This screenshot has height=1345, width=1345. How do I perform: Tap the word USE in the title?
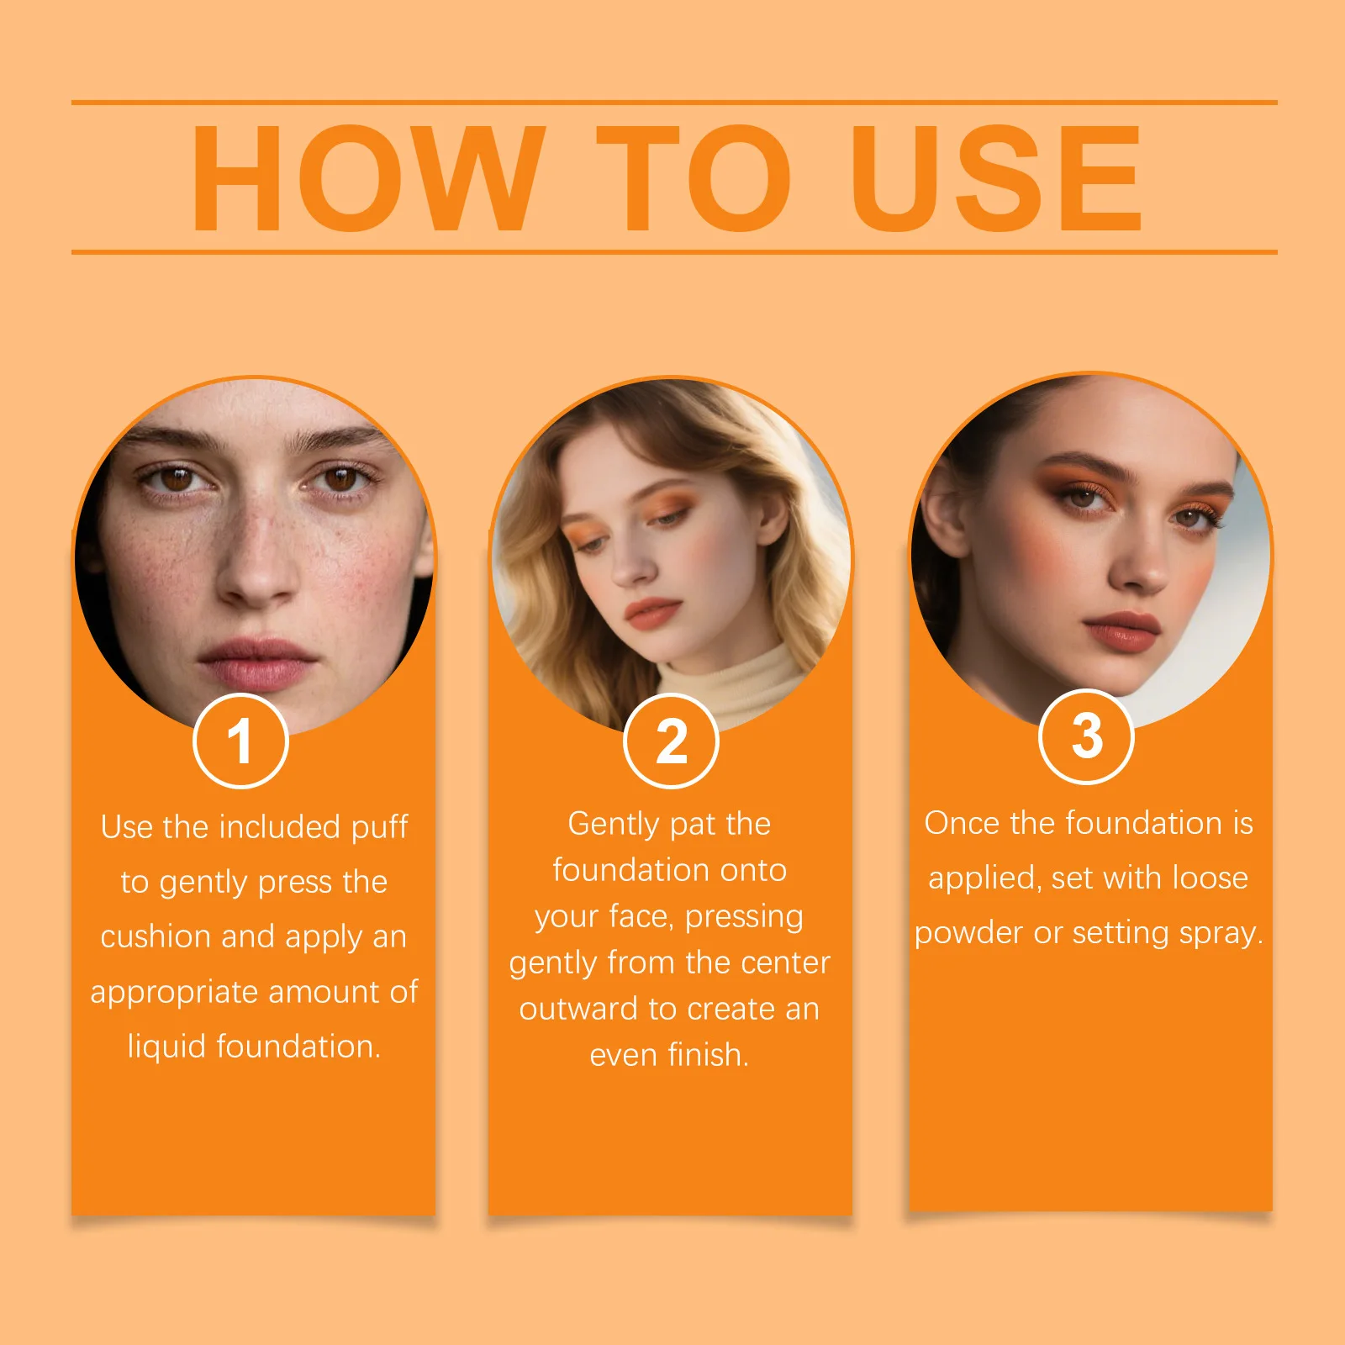997,177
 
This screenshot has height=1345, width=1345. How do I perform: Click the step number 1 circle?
240,741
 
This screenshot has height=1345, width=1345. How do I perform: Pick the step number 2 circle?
671,741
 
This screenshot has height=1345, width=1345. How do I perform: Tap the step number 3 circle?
1086,736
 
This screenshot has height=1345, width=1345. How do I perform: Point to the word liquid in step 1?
166,1047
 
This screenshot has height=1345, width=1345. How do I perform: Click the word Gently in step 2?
613,825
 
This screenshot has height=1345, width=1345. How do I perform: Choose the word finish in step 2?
705,1054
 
